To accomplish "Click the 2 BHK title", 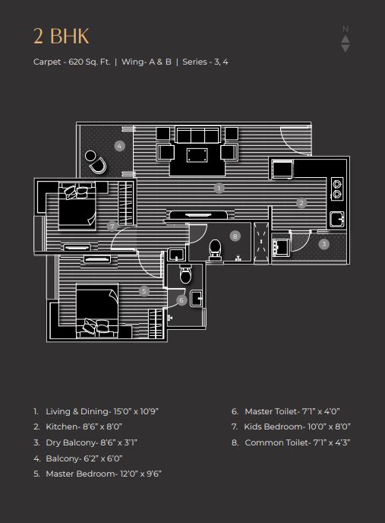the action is click(x=62, y=36).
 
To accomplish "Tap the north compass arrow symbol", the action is click(x=346, y=39).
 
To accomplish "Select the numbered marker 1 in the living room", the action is click(x=219, y=188).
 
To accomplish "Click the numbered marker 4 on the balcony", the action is click(x=119, y=146).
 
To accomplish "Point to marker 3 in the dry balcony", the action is click(x=323, y=244).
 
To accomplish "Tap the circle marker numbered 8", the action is click(x=235, y=236).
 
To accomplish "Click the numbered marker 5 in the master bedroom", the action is click(x=144, y=291).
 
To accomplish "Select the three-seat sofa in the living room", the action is click(x=197, y=135).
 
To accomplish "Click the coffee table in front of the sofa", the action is click(x=197, y=155).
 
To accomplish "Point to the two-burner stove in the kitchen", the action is click(x=337, y=189).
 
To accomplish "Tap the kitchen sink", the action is click(x=336, y=219).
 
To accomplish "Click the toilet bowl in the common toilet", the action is click(x=215, y=249).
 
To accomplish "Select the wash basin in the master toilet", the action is click(x=197, y=299).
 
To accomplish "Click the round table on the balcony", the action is click(x=90, y=155).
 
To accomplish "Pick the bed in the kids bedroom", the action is click(x=77, y=206).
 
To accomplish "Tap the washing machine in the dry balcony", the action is click(x=281, y=246).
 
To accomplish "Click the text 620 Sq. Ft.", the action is click(x=90, y=62).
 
